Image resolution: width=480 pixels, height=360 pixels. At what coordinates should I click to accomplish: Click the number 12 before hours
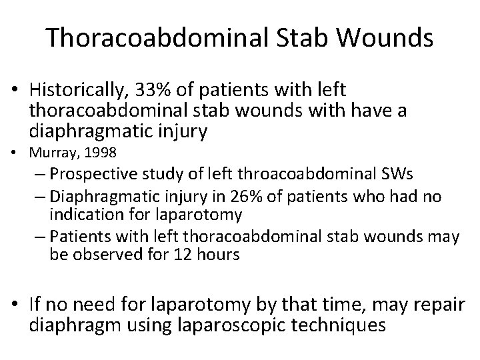click(x=167, y=255)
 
